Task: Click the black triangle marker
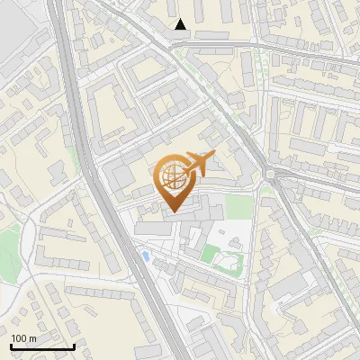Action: click(x=181, y=24)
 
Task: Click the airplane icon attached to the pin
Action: click(x=199, y=164)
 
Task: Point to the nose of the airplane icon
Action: click(x=213, y=157)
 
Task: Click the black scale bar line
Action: click(x=42, y=346)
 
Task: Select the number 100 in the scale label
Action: click(x=18, y=338)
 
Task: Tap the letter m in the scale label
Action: click(x=31, y=338)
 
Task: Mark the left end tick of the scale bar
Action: click(x=11, y=345)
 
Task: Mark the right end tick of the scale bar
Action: click(x=74, y=345)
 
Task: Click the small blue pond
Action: click(x=146, y=257)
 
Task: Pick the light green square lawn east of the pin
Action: click(x=238, y=207)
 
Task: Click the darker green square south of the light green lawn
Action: click(x=209, y=254)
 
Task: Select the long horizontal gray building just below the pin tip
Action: click(x=153, y=229)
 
